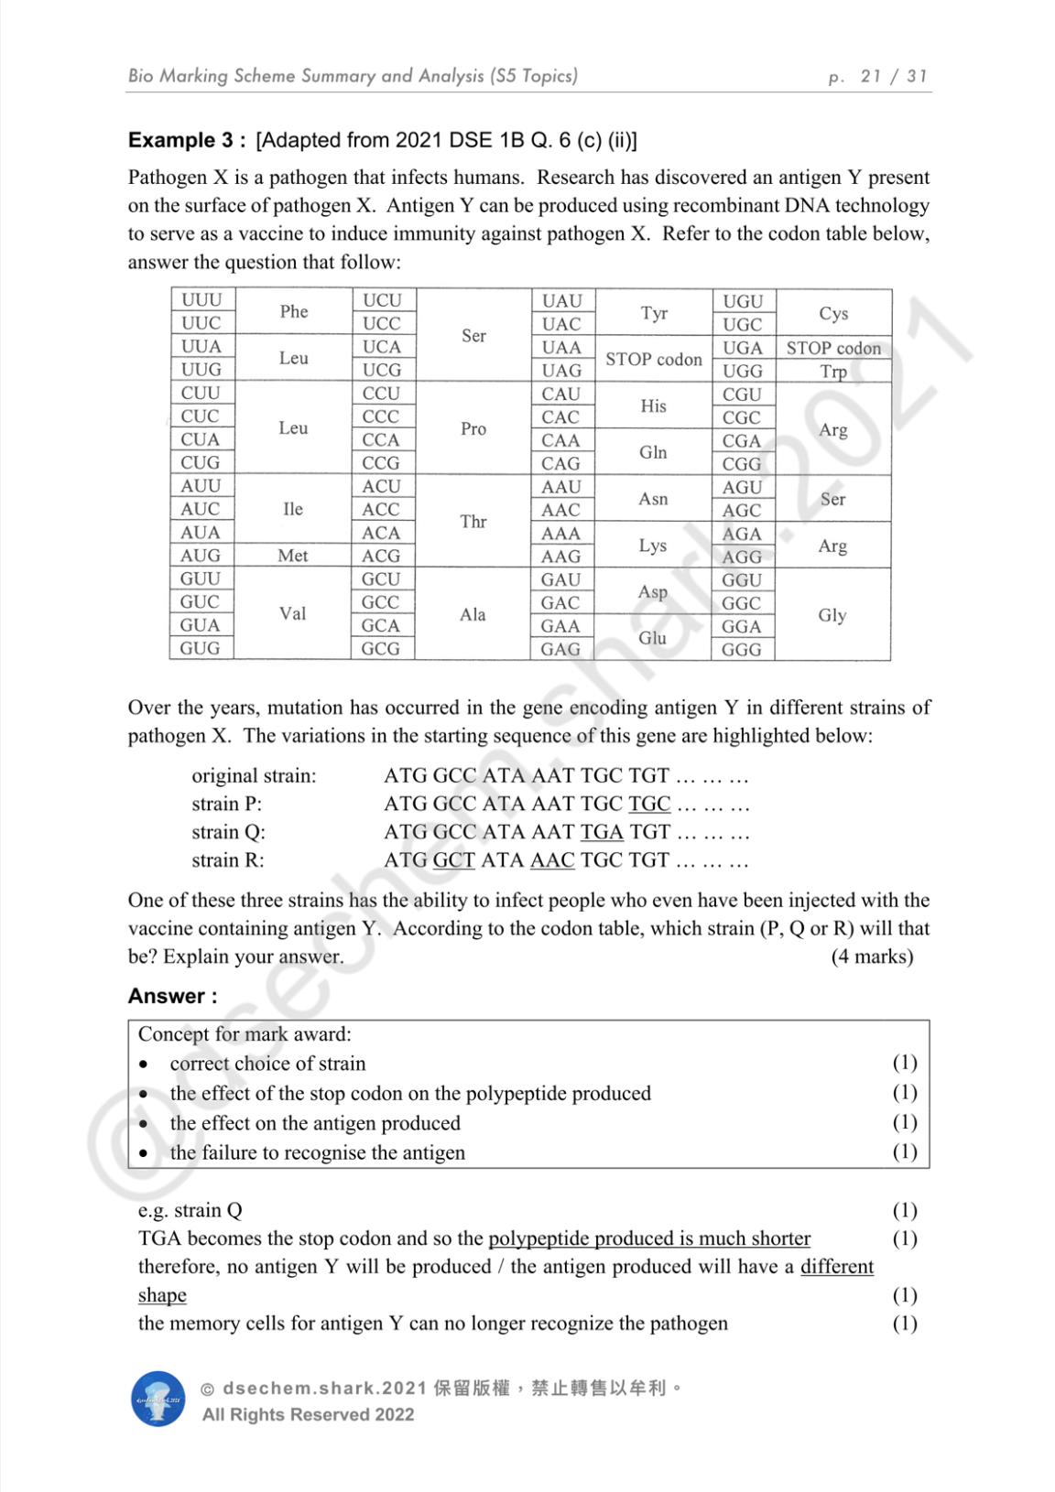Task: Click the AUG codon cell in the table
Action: click(x=201, y=556)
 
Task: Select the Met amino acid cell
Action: click(x=293, y=556)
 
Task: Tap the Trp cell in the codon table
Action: click(x=833, y=372)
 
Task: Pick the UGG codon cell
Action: click(x=742, y=372)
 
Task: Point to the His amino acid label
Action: click(x=653, y=405)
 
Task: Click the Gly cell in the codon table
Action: click(x=832, y=615)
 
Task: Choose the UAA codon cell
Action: click(x=561, y=348)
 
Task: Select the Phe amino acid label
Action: click(x=294, y=311)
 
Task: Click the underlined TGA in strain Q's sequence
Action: click(x=602, y=832)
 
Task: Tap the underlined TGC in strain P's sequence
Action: click(x=649, y=804)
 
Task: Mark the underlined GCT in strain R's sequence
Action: click(x=453, y=860)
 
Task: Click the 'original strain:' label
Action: click(x=254, y=776)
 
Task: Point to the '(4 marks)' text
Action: click(x=872, y=957)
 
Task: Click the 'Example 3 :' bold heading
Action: click(x=187, y=140)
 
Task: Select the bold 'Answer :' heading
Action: click(x=173, y=996)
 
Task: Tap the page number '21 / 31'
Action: click(x=894, y=76)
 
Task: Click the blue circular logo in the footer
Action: click(x=158, y=1399)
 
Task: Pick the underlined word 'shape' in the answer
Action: click(x=162, y=1295)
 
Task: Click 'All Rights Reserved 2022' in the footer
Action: click(x=308, y=1414)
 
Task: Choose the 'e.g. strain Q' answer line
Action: click(x=190, y=1210)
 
